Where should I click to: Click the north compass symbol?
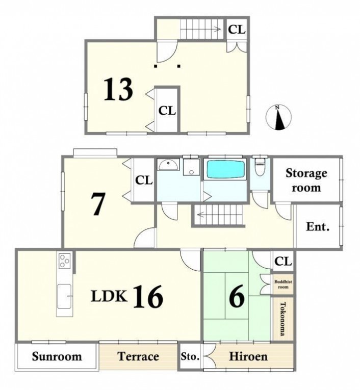click(x=278, y=117)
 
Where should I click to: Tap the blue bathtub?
click(x=226, y=169)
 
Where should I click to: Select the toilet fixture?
click(x=260, y=166)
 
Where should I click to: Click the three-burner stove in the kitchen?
click(x=65, y=261)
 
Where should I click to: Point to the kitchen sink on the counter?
click(x=64, y=297)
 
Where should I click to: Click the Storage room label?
click(x=306, y=180)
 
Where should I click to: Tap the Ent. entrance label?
click(x=318, y=226)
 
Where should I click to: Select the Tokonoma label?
click(x=282, y=319)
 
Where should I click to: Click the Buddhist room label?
click(x=283, y=284)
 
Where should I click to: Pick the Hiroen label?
click(x=248, y=356)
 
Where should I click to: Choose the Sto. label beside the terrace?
click(x=190, y=357)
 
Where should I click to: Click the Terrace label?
click(x=138, y=356)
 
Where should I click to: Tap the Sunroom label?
click(x=57, y=356)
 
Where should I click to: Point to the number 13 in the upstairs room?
click(x=118, y=89)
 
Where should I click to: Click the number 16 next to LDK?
click(x=148, y=297)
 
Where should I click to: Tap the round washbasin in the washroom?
click(x=169, y=165)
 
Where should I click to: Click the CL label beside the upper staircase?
click(x=237, y=30)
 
